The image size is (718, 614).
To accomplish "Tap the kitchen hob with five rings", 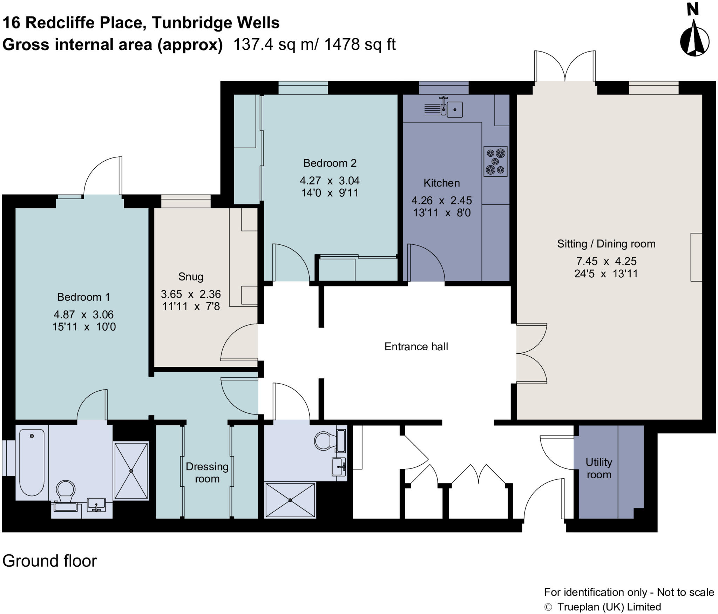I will coord(495,161).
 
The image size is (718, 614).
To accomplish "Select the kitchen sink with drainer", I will coord(443,108).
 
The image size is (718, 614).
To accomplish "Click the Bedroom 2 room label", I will coord(330,163).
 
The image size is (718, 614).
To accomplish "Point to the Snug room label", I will coord(191,277).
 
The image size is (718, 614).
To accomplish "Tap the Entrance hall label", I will coord(416,346).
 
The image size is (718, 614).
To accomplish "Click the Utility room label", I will coord(598,468).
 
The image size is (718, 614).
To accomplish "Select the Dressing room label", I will coord(207,472).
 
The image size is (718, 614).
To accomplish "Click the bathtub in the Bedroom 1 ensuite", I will coord(32,463).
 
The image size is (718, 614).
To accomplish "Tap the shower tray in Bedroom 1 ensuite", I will coord(131,471).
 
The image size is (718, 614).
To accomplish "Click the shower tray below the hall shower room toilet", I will coord(290,500).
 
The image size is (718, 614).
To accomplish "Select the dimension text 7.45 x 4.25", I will coord(606,261).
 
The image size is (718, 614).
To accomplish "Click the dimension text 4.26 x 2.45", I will coord(441,200).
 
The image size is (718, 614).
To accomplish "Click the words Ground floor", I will coord(49,561).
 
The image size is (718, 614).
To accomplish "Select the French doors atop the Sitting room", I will coord(565,67).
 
